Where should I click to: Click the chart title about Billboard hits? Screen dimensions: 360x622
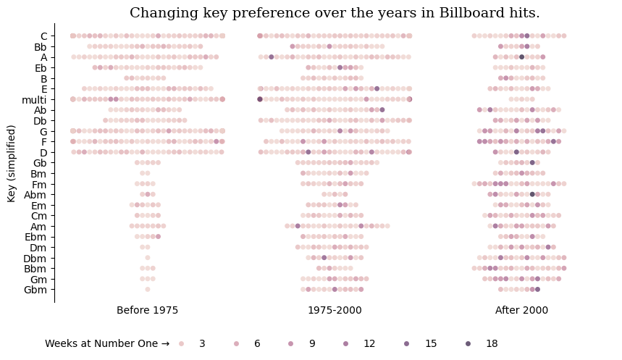click(x=335, y=13)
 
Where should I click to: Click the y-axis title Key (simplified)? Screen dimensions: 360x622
click(x=12, y=163)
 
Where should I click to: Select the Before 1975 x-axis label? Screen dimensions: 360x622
click(x=147, y=310)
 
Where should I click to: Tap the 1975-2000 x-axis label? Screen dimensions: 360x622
click(x=335, y=310)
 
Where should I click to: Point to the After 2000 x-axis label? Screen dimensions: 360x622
click(x=521, y=310)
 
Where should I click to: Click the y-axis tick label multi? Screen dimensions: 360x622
click(x=34, y=99)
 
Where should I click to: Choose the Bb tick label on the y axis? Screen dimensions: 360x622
click(x=40, y=46)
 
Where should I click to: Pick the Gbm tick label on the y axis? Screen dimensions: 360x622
click(x=37, y=290)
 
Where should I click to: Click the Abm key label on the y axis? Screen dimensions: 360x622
click(x=35, y=195)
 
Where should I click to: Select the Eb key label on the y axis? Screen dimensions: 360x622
click(x=40, y=67)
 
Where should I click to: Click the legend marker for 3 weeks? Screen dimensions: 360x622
click(x=182, y=344)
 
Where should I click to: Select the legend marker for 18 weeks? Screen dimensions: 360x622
click(x=468, y=344)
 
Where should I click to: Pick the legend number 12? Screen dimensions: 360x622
click(x=369, y=344)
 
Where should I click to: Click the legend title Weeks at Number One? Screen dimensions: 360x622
click(x=106, y=344)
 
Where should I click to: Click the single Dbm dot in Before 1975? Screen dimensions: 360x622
click(x=148, y=258)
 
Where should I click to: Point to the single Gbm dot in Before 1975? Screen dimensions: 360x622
click(x=148, y=290)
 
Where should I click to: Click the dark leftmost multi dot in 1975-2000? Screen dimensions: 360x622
click(x=260, y=99)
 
